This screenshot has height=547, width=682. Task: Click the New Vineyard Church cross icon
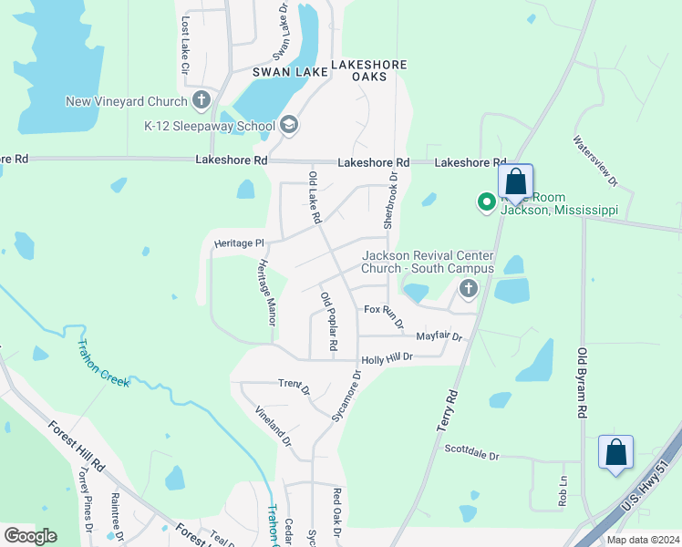click(x=201, y=100)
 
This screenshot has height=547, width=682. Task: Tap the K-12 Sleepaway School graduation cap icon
click(x=289, y=125)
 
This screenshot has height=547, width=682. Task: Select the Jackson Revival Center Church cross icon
click(x=469, y=290)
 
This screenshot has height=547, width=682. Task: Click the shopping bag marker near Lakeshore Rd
click(x=515, y=181)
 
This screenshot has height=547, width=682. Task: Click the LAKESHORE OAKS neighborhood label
click(x=368, y=71)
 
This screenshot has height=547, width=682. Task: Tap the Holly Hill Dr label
click(x=387, y=359)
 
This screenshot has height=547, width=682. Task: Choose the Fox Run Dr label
click(x=384, y=315)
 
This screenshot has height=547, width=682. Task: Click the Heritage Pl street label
click(x=238, y=243)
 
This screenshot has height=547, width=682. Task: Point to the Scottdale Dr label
click(x=472, y=452)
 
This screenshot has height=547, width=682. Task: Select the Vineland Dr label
click(x=273, y=426)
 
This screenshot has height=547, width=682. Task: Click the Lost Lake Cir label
click(x=185, y=44)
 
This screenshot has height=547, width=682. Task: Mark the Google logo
click(x=30, y=536)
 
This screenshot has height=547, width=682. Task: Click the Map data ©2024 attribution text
click(x=642, y=540)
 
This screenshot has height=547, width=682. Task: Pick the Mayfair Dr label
click(x=439, y=336)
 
